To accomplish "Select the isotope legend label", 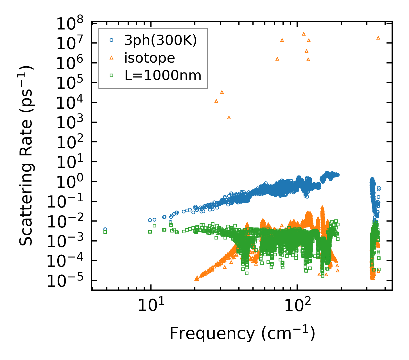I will [x=150, y=58].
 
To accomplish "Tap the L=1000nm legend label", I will [x=163, y=75].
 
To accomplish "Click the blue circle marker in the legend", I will [x=111, y=40].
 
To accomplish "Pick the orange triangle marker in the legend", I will [x=111, y=58].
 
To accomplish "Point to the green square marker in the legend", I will [x=111, y=75].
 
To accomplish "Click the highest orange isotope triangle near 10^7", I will [x=304, y=34].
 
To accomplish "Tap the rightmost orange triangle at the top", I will [x=378, y=38].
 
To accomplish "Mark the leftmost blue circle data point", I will [x=105, y=229].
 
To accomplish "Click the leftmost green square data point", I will [x=105, y=232].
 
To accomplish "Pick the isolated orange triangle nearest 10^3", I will [x=229, y=118].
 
